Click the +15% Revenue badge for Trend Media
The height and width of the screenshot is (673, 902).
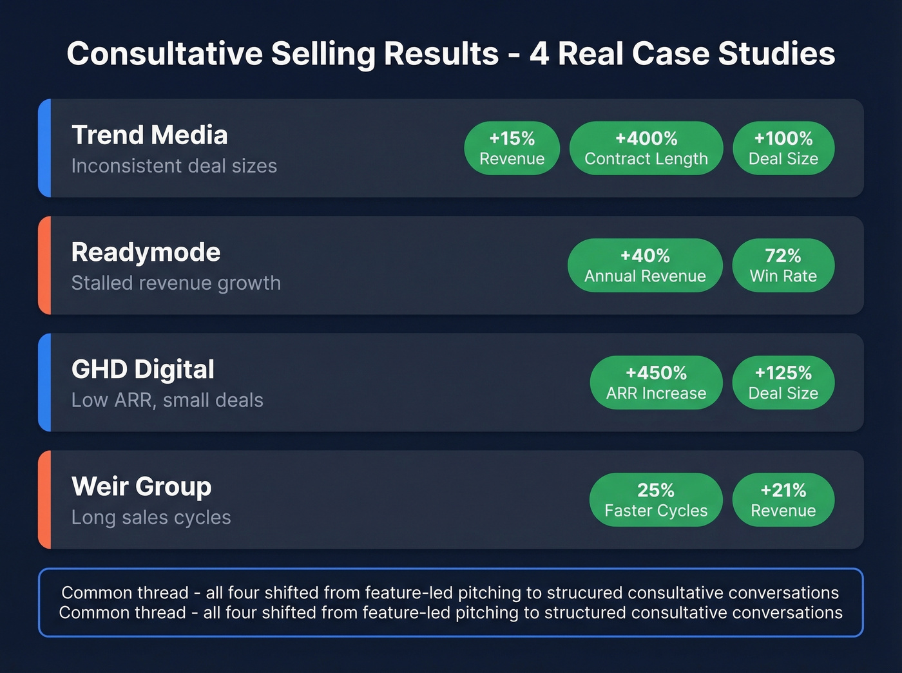pos(512,148)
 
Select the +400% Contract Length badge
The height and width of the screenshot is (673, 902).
pos(646,148)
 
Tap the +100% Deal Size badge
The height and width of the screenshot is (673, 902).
pos(783,148)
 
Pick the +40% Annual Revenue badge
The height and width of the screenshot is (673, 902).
pos(644,265)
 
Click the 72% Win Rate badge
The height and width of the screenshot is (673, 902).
pos(783,265)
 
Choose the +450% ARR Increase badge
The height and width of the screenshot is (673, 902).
pos(656,383)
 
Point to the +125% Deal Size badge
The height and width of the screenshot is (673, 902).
pos(783,383)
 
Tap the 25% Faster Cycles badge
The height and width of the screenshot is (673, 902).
pos(655,500)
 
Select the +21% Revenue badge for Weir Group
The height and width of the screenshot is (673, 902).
pos(783,500)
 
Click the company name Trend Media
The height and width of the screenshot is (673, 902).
pos(149,135)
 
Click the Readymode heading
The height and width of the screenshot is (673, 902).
pos(146,252)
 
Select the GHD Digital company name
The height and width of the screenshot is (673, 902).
pos(142,370)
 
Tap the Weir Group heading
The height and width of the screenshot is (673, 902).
pos(141,487)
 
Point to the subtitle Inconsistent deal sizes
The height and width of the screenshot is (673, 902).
pos(174,166)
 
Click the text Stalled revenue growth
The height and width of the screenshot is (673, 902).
pos(176,283)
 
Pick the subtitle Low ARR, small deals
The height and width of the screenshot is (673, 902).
pos(167,401)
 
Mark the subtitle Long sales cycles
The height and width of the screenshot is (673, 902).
pos(151,518)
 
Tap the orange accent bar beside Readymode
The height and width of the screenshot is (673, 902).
pos(44,265)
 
